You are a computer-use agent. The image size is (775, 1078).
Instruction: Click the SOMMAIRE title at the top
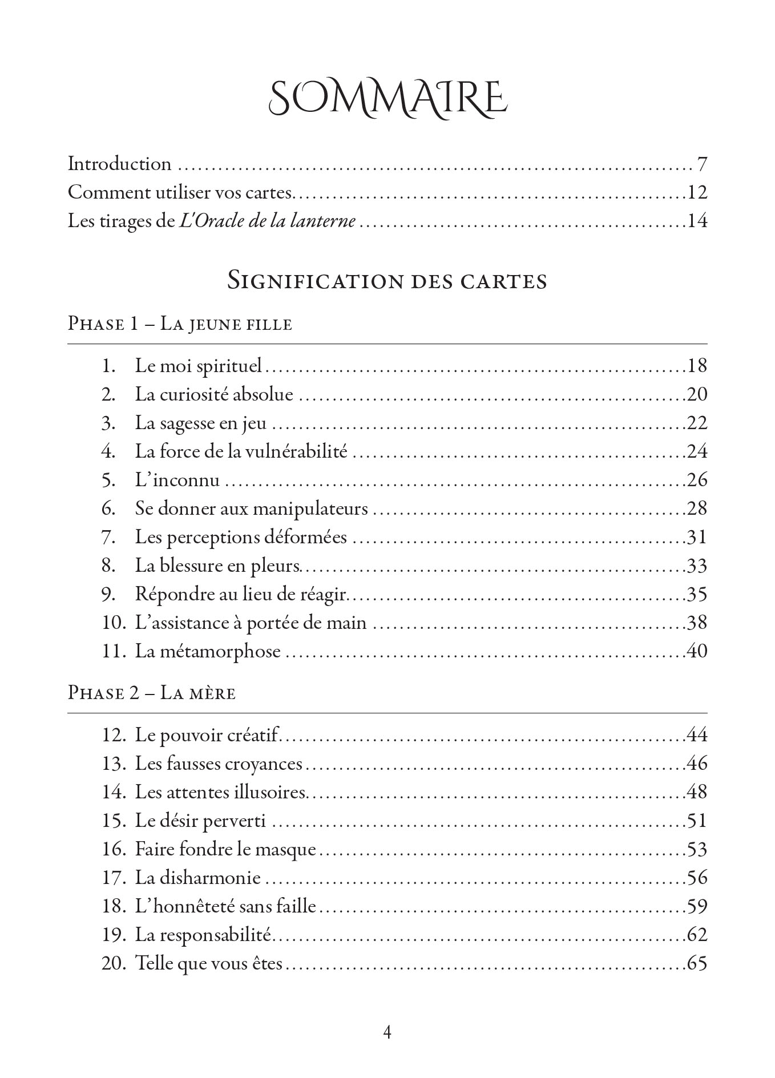(387, 98)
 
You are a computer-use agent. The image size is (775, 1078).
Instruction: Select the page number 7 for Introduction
(701, 164)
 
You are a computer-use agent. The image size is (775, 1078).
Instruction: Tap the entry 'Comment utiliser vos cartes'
(180, 192)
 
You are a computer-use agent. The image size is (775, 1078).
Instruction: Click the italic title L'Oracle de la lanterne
(268, 221)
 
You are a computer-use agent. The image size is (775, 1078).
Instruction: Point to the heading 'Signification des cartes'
(387, 281)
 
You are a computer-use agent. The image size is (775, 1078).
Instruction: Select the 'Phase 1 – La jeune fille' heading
(180, 324)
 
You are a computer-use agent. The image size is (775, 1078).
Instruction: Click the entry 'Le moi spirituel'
(198, 365)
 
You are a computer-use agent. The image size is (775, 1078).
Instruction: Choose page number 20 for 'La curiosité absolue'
(696, 394)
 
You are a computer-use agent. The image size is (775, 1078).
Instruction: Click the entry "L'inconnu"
(177, 480)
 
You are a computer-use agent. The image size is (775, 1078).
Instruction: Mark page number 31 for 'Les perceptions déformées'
(696, 537)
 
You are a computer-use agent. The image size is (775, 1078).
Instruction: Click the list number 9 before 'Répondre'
(108, 594)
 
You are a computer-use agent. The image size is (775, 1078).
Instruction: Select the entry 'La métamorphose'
(208, 651)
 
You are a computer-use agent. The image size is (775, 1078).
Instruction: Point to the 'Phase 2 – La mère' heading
(151, 693)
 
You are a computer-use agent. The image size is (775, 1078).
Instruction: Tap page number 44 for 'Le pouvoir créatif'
(696, 734)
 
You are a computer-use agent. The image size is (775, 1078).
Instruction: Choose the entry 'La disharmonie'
(197, 878)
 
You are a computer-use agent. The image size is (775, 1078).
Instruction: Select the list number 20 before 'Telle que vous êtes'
(113, 963)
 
